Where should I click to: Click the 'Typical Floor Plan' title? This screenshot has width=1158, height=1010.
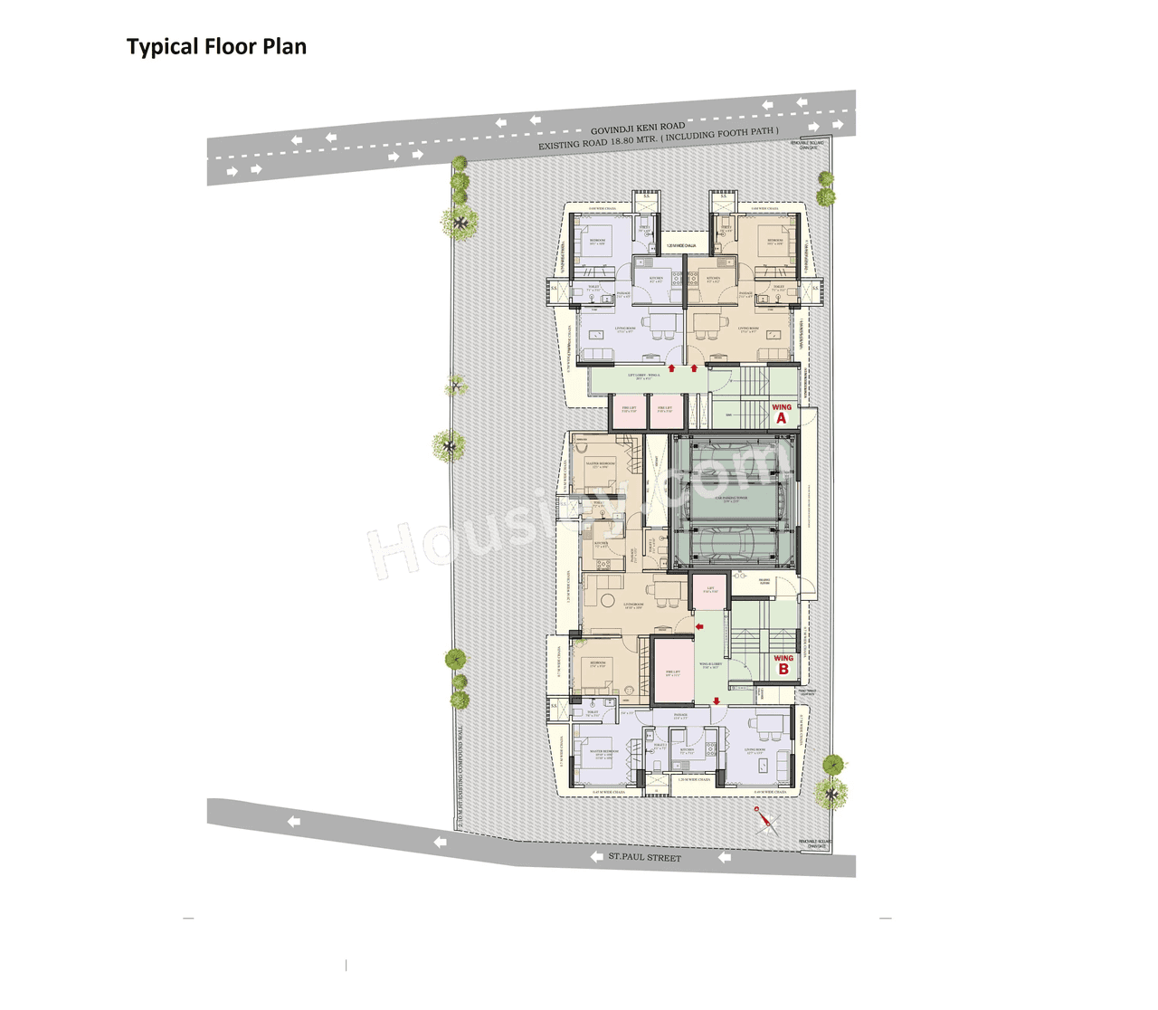(216, 47)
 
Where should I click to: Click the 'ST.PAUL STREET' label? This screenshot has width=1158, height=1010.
(644, 856)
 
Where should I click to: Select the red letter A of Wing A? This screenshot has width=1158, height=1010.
(782, 418)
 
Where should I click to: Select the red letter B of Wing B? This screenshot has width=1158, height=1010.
(783, 670)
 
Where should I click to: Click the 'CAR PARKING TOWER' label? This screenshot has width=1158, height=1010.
(731, 499)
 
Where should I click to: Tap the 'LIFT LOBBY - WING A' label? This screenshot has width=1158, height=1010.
(644, 376)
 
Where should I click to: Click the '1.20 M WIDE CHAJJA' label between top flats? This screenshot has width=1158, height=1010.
(681, 245)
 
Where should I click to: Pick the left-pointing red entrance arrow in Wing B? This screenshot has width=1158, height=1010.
(699, 626)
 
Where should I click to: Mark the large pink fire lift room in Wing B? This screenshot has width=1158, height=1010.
(673, 671)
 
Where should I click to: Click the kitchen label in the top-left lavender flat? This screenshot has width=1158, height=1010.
(656, 279)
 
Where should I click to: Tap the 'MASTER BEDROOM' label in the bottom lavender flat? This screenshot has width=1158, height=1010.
(603, 753)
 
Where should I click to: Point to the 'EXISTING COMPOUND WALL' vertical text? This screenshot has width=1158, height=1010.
(460, 778)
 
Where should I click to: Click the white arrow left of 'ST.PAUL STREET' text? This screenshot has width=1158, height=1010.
(596, 856)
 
